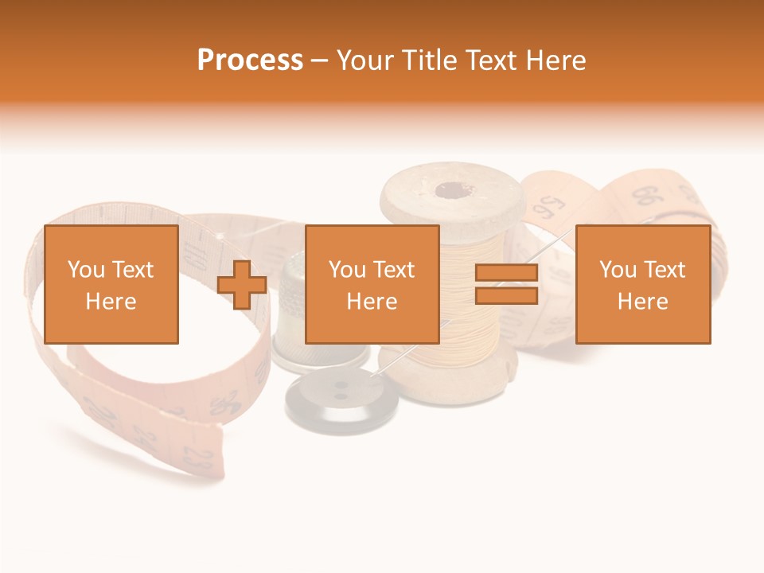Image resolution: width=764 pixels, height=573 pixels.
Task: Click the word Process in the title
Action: [250, 60]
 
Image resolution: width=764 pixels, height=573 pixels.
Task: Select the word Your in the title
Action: [365, 60]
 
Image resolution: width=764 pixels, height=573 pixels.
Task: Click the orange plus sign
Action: [242, 285]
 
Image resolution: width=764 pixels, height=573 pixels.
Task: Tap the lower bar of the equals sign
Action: [506, 296]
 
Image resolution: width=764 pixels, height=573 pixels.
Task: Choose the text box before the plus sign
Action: [111, 284]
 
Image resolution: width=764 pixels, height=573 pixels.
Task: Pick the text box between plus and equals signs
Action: [372, 284]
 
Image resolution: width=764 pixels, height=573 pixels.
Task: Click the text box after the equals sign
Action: [642, 284]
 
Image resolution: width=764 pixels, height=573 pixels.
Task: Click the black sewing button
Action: [342, 402]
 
